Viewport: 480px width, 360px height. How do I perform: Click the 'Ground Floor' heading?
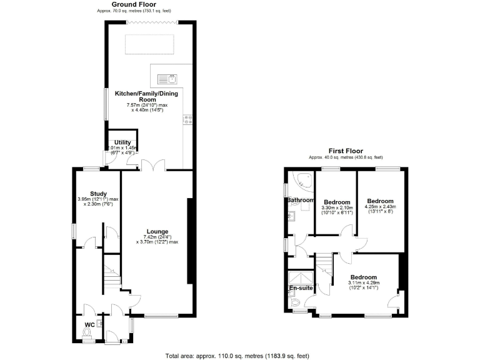tap(134, 5)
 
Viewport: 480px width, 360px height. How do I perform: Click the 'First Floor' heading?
tap(346, 151)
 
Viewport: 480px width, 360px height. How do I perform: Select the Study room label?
tap(98, 194)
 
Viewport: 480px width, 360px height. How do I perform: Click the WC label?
tap(89, 324)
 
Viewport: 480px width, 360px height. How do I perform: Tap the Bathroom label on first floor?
tap(300, 201)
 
